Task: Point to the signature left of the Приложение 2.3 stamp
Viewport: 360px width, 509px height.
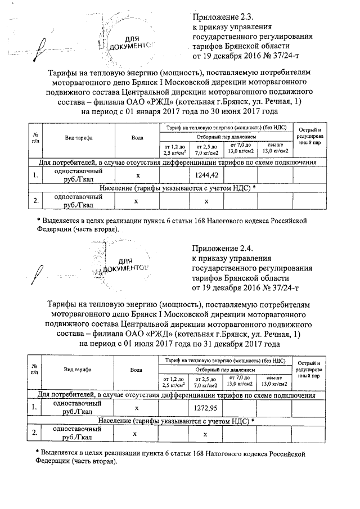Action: [x=42, y=45]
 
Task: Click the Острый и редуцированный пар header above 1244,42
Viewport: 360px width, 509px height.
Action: [x=309, y=137]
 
